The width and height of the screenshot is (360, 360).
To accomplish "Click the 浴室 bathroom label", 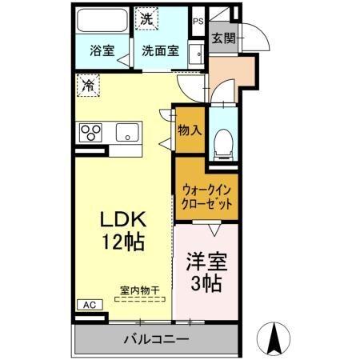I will [x=102, y=50].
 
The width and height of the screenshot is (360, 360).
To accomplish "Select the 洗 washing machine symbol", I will [x=147, y=18].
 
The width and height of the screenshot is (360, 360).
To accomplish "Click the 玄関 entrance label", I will [x=223, y=38].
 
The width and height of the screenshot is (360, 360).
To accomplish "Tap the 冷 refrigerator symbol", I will [x=88, y=83].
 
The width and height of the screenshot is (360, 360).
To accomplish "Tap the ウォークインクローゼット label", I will [x=206, y=196].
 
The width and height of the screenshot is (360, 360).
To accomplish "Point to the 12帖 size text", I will [x=122, y=242].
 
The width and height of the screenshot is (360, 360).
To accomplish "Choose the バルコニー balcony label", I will [x=157, y=340].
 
